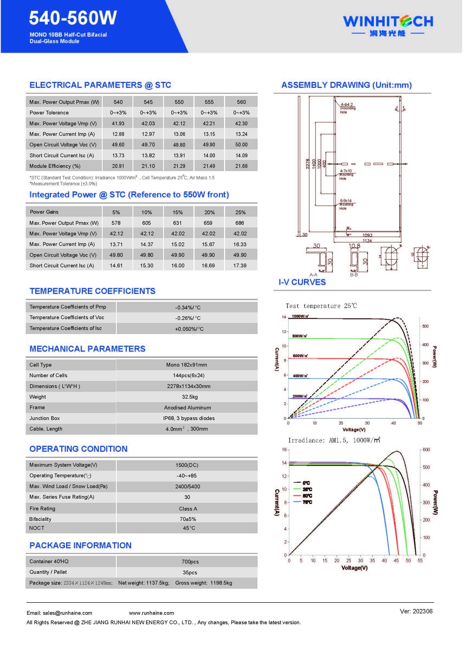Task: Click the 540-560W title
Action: [x=73, y=18]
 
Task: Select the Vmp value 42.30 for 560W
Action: [x=241, y=124]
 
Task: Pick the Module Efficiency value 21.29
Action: [x=179, y=166]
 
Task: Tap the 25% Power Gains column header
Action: [x=240, y=212]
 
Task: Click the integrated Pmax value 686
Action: [x=239, y=223]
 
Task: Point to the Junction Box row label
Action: [x=44, y=418]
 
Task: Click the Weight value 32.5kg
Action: [x=190, y=397]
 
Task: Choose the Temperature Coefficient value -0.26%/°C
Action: [x=188, y=318]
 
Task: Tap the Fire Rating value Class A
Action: [x=188, y=509]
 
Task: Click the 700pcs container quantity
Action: [x=190, y=562]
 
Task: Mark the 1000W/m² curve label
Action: [x=300, y=316]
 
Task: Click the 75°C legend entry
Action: [x=307, y=502]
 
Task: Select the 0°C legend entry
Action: [x=306, y=483]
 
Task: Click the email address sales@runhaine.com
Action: [x=59, y=613]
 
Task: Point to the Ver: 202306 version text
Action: [x=416, y=611]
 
